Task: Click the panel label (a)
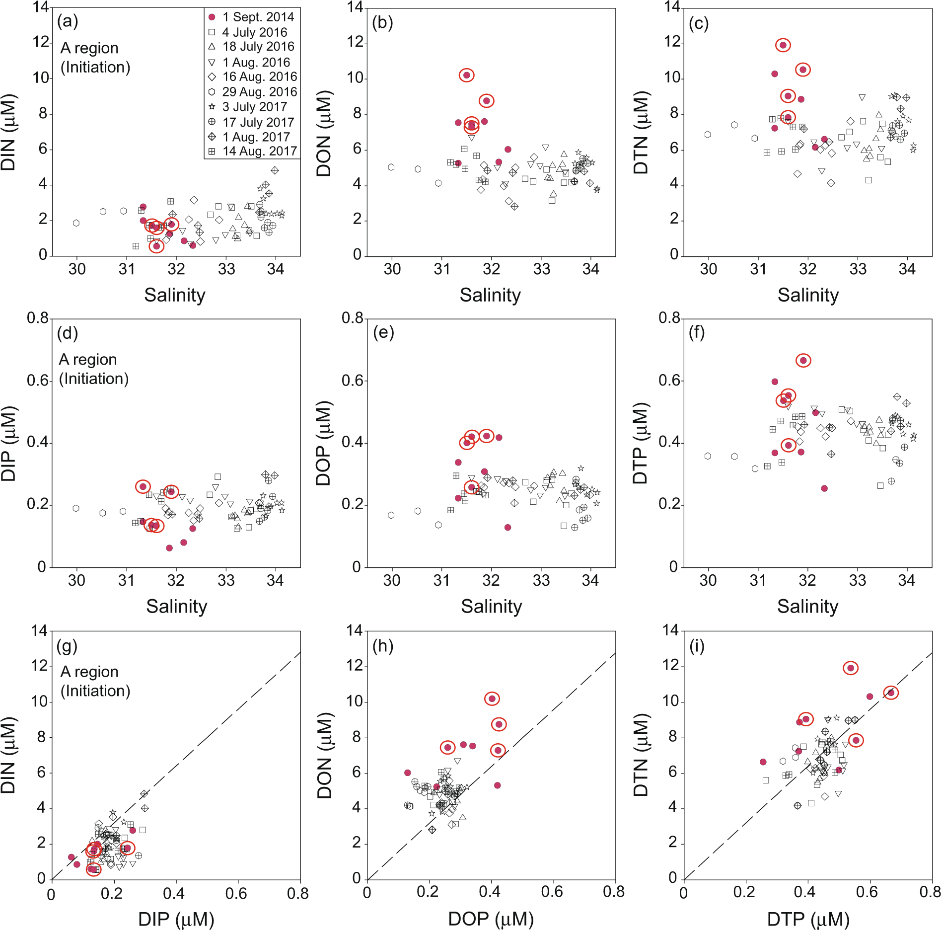[x=68, y=21]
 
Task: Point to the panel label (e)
[x=383, y=332]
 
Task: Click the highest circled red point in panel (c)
[x=783, y=45]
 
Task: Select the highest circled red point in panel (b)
[x=466, y=75]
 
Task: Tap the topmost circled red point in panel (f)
[x=803, y=360]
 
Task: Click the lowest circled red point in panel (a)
[x=156, y=246]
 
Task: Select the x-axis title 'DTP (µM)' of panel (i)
[x=808, y=919]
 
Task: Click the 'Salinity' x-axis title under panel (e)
[x=491, y=607]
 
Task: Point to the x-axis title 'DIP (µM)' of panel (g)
[x=176, y=919]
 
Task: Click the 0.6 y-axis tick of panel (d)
[x=38, y=381]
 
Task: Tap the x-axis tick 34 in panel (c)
[x=907, y=269]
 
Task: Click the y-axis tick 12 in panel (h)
[x=355, y=666]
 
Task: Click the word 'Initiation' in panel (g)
[x=95, y=691]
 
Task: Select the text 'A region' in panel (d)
[x=88, y=359]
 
